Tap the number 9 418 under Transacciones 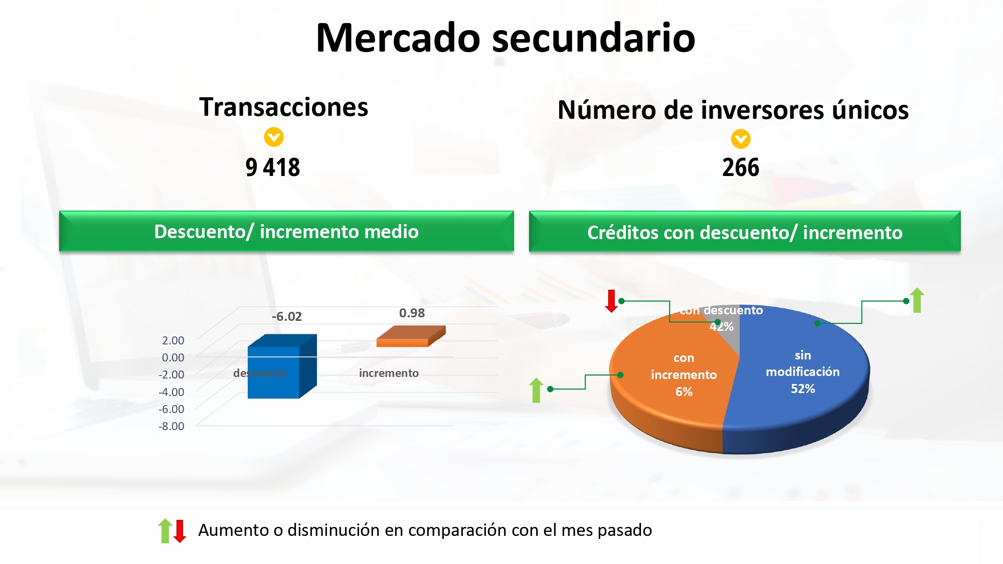pos(273,167)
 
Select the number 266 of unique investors pos(741,167)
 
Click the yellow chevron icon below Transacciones pos(274,137)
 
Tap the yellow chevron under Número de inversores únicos pos(741,139)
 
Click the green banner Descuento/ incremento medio pos(286,231)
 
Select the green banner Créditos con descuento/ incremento pos(745,232)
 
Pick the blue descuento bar pos(282,366)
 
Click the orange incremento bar pos(411,336)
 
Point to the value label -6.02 pos(287,316)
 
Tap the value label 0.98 pos(412,313)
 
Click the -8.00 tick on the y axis pos(172,426)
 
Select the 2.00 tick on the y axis pos(173,340)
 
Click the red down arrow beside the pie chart pos(611,301)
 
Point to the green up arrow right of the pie pos(917,300)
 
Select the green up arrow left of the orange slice pos(537,390)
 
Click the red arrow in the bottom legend pos(180,531)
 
